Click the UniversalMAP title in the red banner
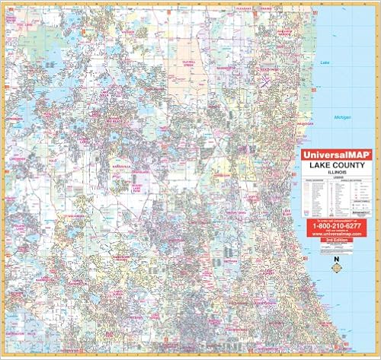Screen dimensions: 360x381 click(x=334, y=155)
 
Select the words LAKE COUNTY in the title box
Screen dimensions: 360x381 click(x=334, y=164)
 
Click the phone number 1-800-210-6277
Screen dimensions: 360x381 click(x=334, y=225)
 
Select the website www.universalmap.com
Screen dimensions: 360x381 click(x=334, y=234)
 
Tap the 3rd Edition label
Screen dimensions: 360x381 click(x=334, y=240)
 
